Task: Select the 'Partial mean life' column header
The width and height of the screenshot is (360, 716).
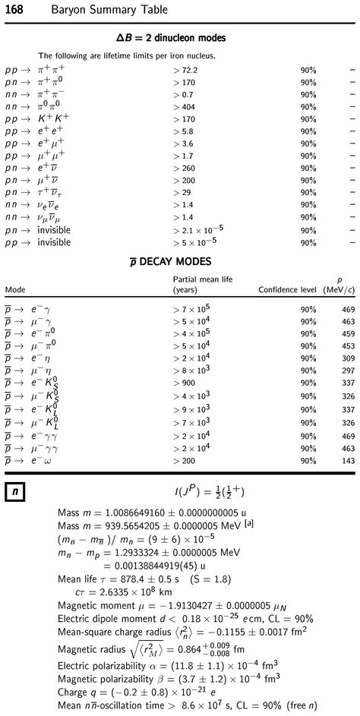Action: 203,279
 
